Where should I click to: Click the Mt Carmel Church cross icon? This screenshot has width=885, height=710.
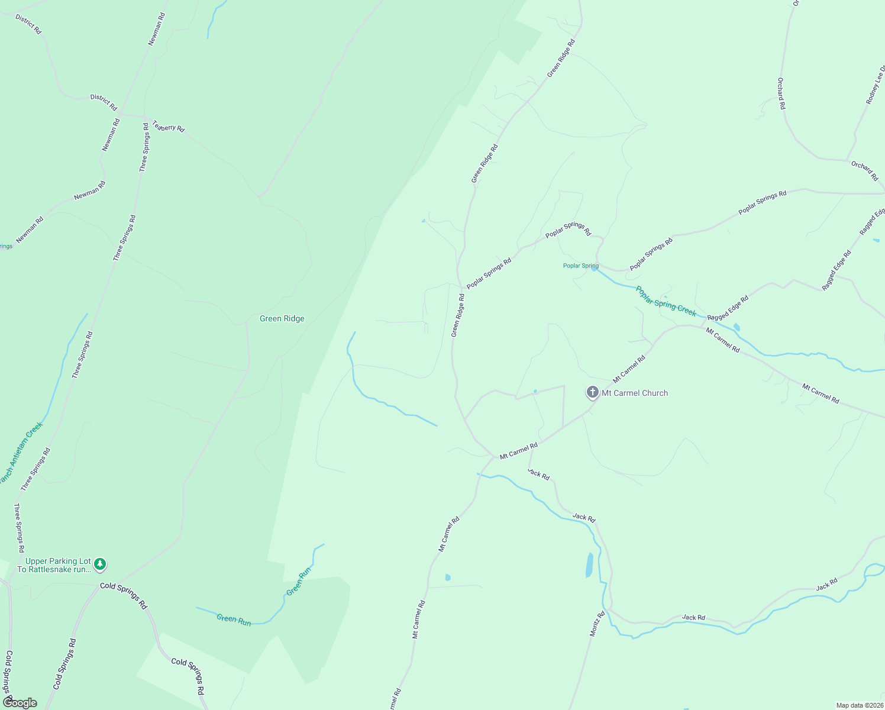592,392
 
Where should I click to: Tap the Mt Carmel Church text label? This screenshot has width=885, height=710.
635,393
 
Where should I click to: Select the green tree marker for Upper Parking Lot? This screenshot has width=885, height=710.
101,564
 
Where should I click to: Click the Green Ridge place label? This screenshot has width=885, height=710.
282,318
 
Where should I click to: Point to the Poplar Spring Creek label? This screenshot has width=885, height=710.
666,301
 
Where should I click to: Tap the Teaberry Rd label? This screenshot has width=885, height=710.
169,126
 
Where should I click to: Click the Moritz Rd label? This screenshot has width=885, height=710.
597,624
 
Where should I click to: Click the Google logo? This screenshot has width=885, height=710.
20,703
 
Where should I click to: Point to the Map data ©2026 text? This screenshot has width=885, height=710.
858,705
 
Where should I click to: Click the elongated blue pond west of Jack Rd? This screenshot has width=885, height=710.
589,565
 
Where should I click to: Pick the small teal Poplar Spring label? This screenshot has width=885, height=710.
580,266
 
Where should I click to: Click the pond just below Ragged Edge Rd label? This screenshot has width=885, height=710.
737,327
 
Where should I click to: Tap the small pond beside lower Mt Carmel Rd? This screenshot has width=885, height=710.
448,577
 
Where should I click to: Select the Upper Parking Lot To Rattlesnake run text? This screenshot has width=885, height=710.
54,565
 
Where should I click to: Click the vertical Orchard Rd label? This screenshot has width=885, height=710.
781,93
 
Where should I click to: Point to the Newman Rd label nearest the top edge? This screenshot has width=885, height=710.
157,29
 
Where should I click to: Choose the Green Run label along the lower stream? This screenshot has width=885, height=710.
234,619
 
